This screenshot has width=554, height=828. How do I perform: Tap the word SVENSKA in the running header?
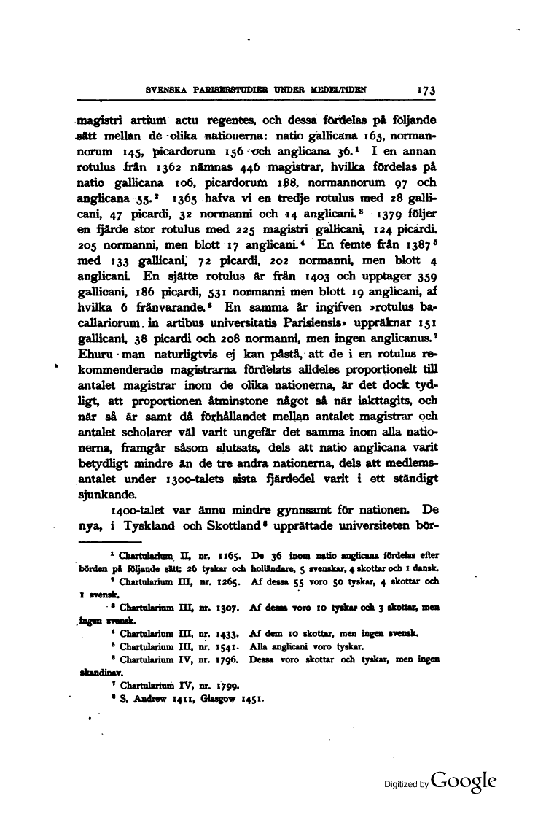point(167,91)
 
